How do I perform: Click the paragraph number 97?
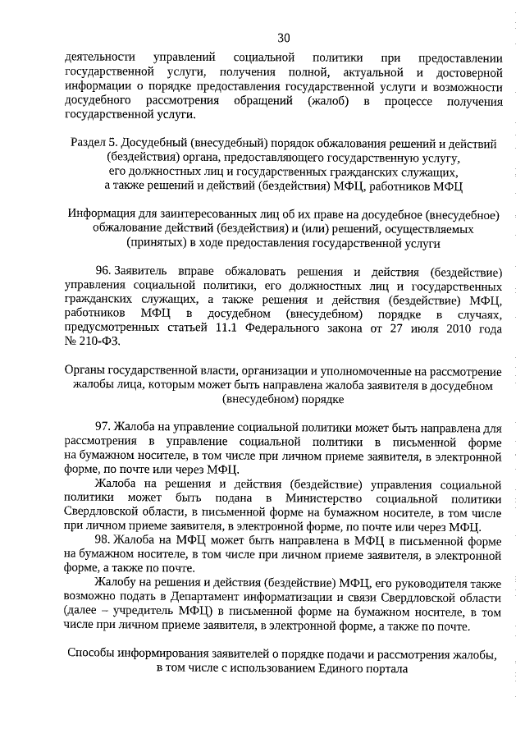(103, 428)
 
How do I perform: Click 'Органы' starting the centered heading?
(85, 371)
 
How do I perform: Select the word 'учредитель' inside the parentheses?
(144, 613)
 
